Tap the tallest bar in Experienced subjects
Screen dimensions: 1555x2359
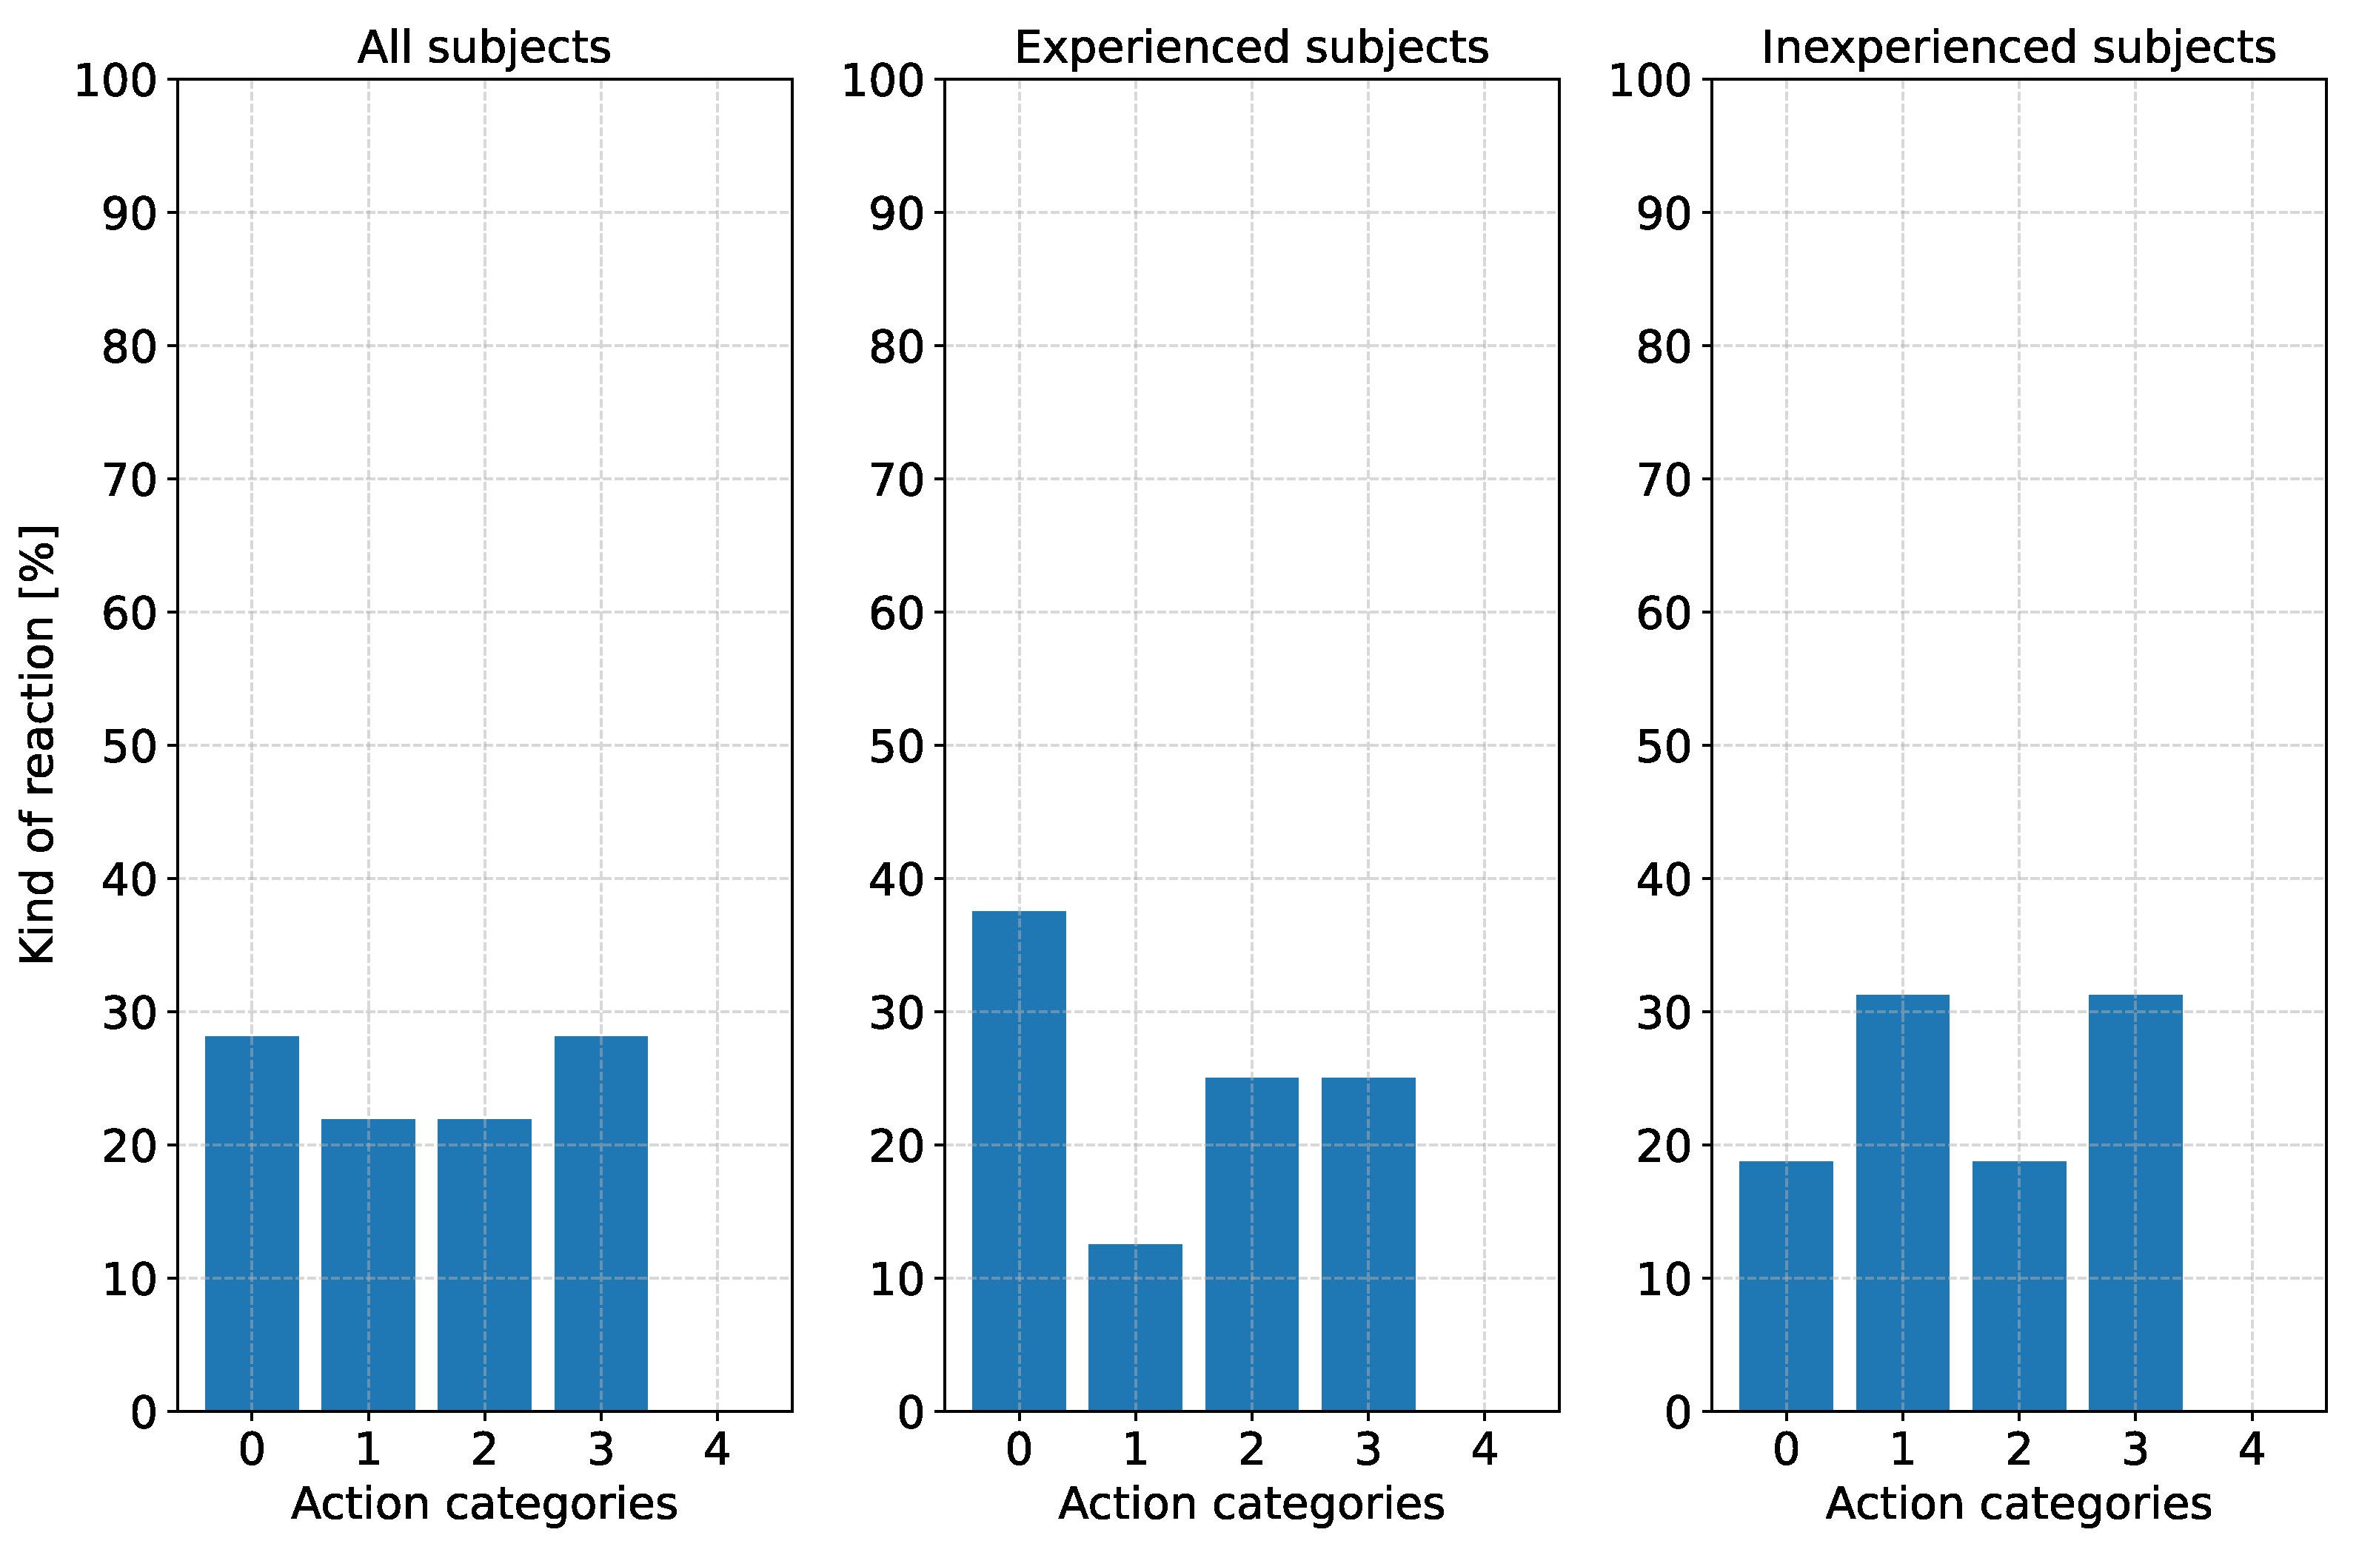click(x=1019, y=1161)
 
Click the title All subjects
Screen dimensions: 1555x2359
click(x=484, y=47)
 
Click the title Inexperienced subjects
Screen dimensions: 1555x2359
click(x=2018, y=47)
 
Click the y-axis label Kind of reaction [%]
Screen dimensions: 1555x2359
click(x=39, y=744)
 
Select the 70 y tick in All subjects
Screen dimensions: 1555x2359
click(x=129, y=481)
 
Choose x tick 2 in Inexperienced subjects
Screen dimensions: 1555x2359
click(x=2018, y=1450)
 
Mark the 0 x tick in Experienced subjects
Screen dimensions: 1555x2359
click(x=1019, y=1450)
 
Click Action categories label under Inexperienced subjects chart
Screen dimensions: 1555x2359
click(x=2018, y=1505)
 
